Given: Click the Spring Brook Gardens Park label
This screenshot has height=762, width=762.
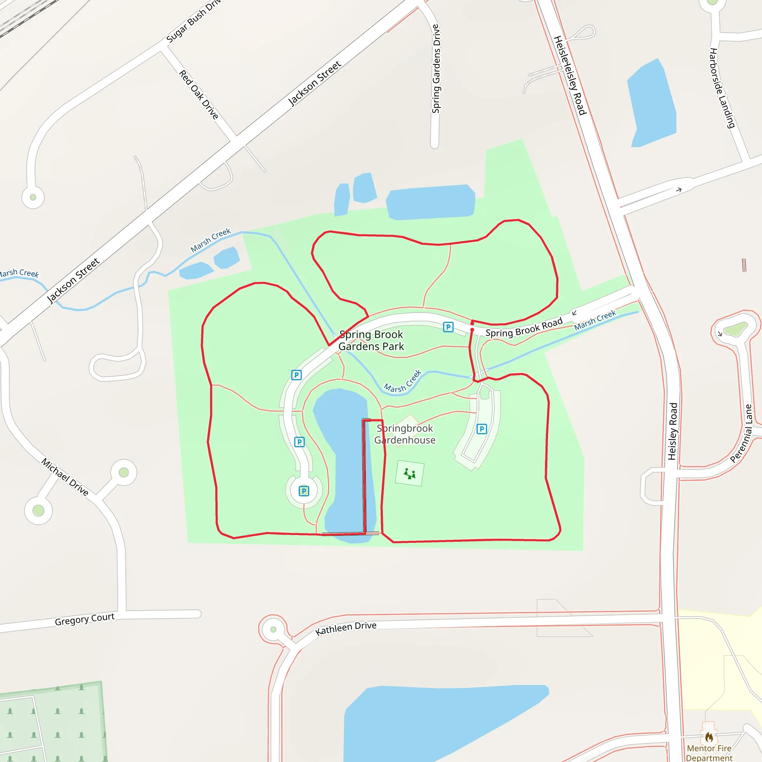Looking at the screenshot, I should [x=371, y=340].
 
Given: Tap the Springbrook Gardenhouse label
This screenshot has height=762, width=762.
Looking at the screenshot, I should [x=405, y=434].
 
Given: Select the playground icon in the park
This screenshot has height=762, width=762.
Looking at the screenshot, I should [x=409, y=473].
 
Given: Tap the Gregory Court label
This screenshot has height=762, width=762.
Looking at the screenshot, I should [x=84, y=619].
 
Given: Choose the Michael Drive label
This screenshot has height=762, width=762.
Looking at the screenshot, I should [x=65, y=477].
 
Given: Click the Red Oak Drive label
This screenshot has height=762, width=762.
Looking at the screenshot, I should [x=199, y=95].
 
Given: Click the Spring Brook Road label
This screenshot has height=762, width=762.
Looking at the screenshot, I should [x=524, y=327].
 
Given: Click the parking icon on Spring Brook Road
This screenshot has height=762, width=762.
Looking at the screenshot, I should [x=448, y=327].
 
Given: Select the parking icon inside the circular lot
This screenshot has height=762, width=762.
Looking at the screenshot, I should [x=304, y=491].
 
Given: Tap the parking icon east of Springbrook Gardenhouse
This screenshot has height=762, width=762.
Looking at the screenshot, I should [x=481, y=429].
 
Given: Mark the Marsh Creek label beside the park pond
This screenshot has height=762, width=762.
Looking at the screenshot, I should [x=403, y=382].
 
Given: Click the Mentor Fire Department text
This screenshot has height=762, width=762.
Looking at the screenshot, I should [x=709, y=753].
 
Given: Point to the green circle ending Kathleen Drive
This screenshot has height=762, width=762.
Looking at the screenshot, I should [x=273, y=629].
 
